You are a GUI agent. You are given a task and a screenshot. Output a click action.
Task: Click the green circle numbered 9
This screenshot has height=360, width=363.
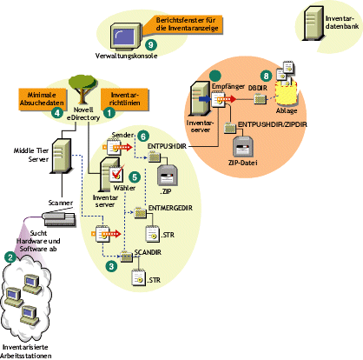click(151, 44)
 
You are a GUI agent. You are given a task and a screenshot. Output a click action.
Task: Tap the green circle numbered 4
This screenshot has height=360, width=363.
click(56, 112)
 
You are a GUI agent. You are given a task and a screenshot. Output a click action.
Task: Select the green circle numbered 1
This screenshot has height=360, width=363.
click(109, 112)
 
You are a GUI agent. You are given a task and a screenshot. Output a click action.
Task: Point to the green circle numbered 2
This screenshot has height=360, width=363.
click(10, 257)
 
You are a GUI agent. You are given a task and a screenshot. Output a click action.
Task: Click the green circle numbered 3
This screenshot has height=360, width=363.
click(111, 266)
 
